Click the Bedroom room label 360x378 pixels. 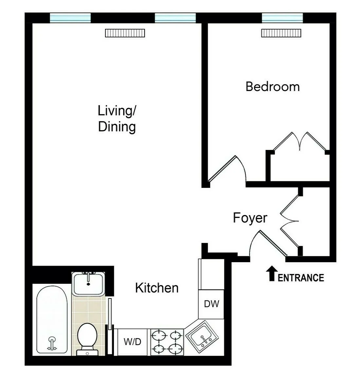[272, 87]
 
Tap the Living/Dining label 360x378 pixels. [117, 118]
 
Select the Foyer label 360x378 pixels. [250, 218]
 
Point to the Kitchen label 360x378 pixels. [157, 288]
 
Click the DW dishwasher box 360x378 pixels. [211, 304]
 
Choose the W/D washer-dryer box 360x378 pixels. [132, 342]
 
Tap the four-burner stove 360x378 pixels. [167, 342]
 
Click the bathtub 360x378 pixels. [52, 319]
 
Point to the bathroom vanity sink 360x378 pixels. [88, 283]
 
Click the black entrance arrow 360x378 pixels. [271, 274]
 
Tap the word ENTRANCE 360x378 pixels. [301, 278]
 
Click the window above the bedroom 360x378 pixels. [282, 18]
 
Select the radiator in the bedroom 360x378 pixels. [281, 33]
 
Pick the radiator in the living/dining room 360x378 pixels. [125, 33]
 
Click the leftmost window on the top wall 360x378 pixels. [70, 18]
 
